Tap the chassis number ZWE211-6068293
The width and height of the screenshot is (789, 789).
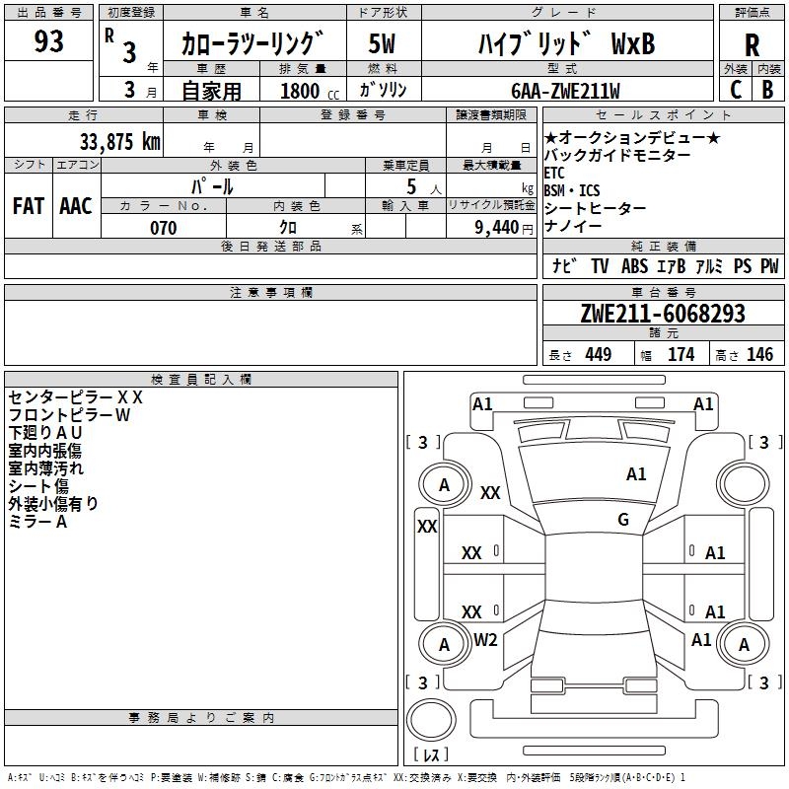[662, 315]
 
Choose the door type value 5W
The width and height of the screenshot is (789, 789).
[383, 43]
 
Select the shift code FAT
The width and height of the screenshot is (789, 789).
[28, 206]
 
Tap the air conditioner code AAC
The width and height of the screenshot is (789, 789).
[76, 206]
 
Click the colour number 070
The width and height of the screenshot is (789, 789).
[163, 228]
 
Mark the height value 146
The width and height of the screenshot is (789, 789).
[759, 354]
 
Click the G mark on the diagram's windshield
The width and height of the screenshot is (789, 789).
[623, 520]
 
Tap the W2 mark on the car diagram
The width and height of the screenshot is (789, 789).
[485, 640]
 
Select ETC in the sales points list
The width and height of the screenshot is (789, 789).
[555, 173]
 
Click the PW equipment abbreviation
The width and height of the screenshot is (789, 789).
[769, 266]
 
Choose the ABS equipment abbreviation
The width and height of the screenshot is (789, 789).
[634, 266]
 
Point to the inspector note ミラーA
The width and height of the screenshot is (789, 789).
[37, 522]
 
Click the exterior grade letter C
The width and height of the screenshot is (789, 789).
[735, 90]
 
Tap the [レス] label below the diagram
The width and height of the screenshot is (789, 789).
[431, 754]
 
